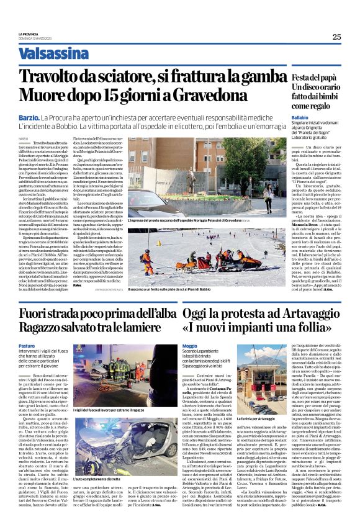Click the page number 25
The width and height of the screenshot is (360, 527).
click(336, 37)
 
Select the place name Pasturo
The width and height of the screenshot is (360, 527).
click(27, 345)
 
